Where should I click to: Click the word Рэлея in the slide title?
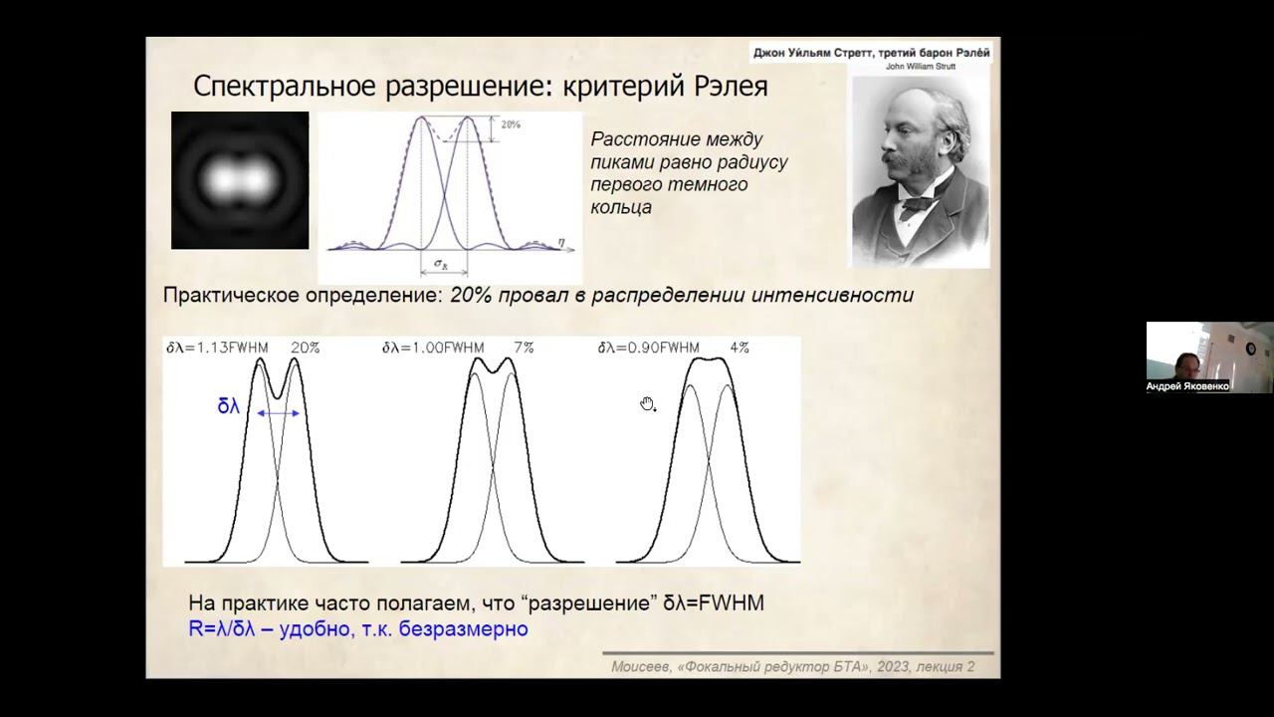pyautogui.click(x=725, y=86)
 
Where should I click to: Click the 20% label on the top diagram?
pyautogui.click(x=511, y=125)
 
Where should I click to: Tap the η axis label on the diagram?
pyautogui.click(x=563, y=240)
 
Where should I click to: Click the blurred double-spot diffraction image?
pyautogui.click(x=240, y=180)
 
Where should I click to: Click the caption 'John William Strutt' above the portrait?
pyautogui.click(x=920, y=67)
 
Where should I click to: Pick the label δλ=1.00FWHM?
pyautogui.click(x=433, y=348)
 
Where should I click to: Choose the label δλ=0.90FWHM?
pyautogui.click(x=649, y=348)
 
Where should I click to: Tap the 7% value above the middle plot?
pyautogui.click(x=524, y=348)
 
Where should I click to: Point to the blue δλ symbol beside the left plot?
pyautogui.click(x=229, y=406)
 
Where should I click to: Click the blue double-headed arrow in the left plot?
pyautogui.click(x=279, y=411)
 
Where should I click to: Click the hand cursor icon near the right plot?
pyautogui.click(x=648, y=403)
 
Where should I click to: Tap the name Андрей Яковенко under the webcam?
pyautogui.click(x=1188, y=386)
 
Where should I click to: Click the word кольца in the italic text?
pyautogui.click(x=621, y=207)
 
